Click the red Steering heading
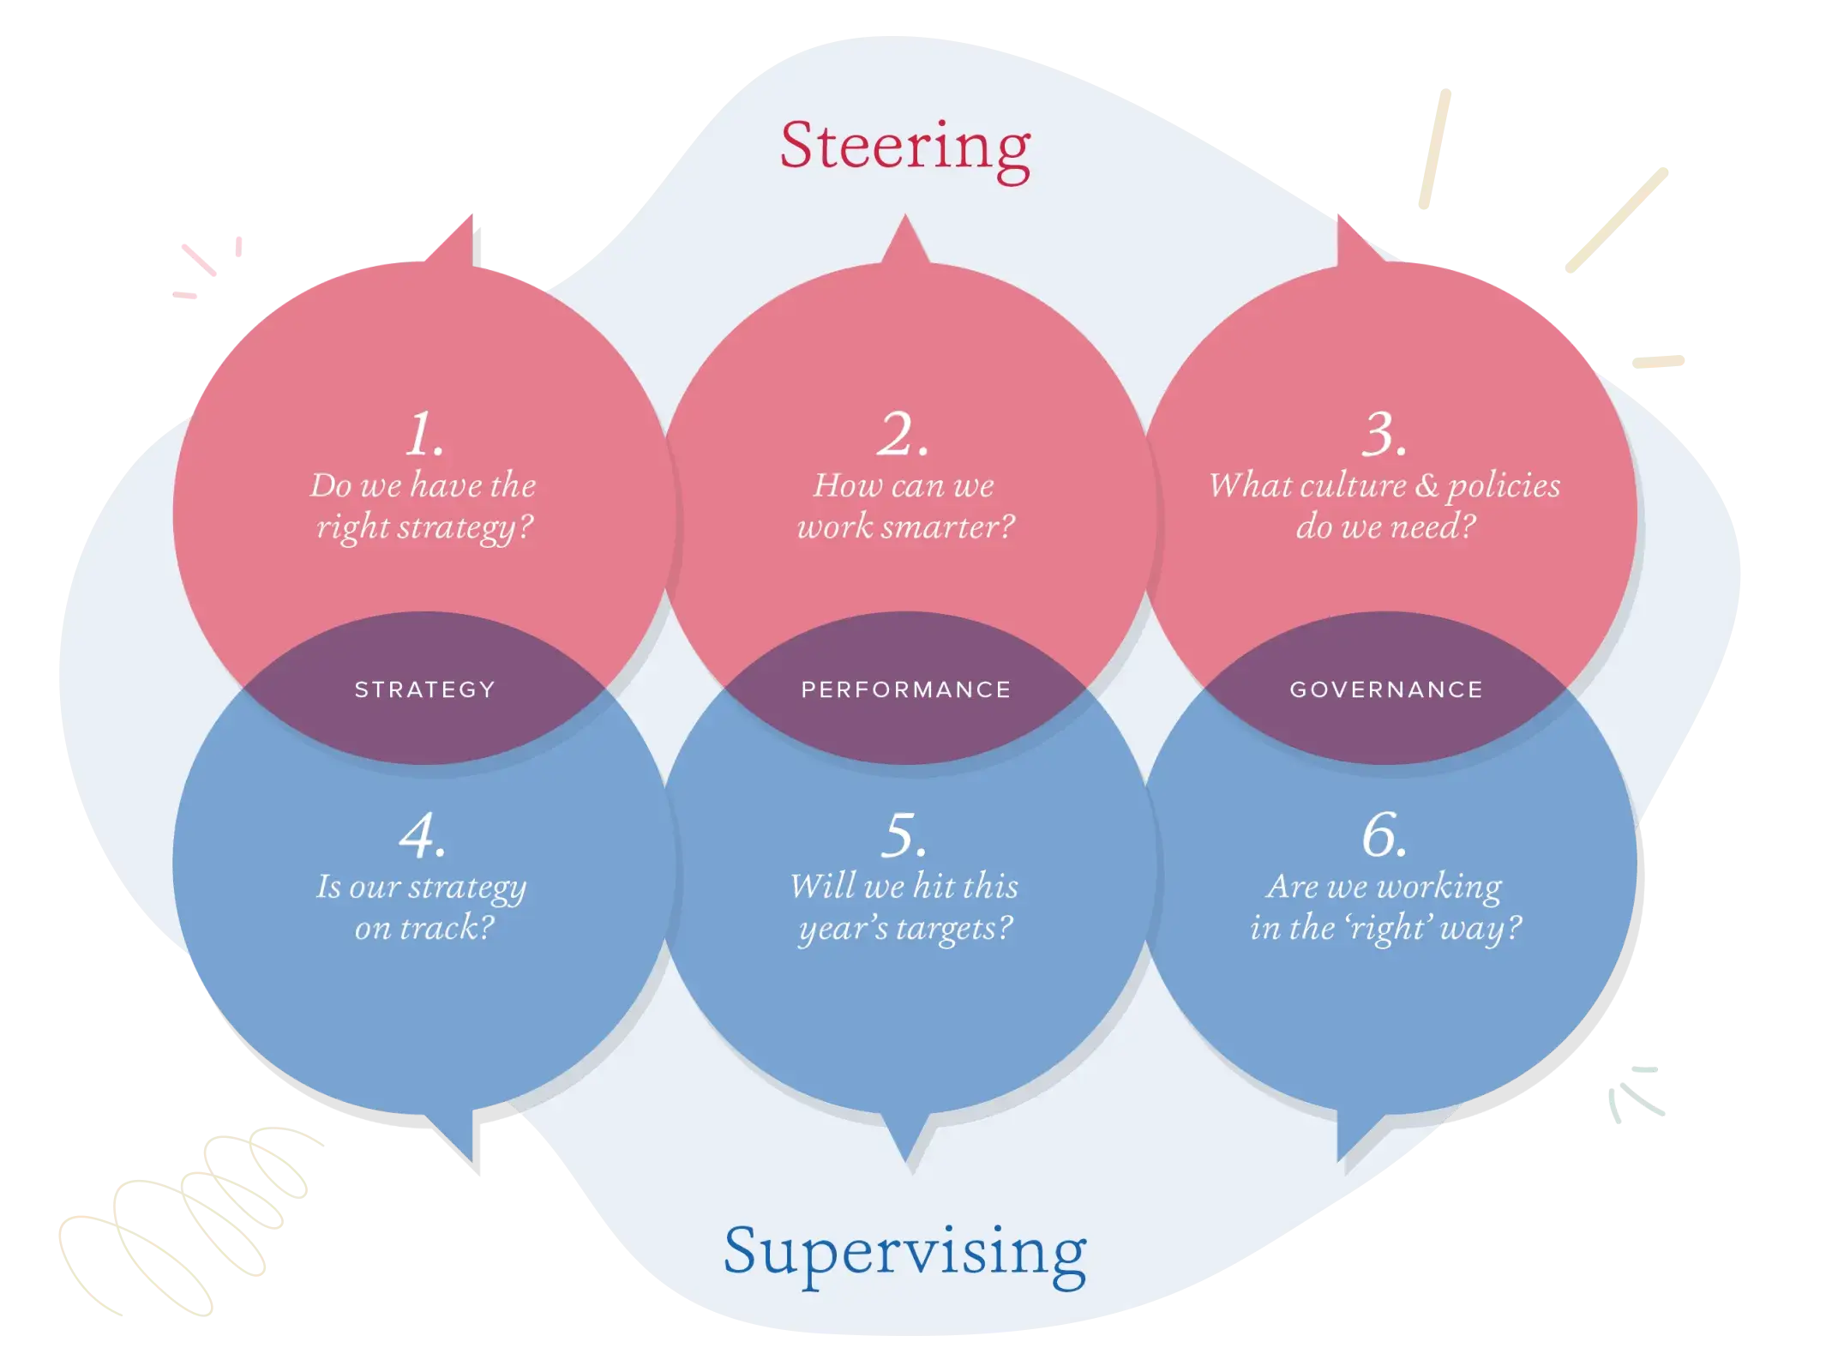pos(904,147)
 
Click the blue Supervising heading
pos(904,1253)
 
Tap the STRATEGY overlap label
pos(425,689)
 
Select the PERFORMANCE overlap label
pos(906,689)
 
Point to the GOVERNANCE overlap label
pos(1386,689)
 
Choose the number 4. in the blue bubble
pos(423,835)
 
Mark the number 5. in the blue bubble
pos(904,835)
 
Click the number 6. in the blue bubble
pos(1385,835)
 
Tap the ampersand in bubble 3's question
pos(1427,485)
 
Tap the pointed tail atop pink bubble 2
pos(904,240)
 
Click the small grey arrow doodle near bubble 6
pos(1634,1093)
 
